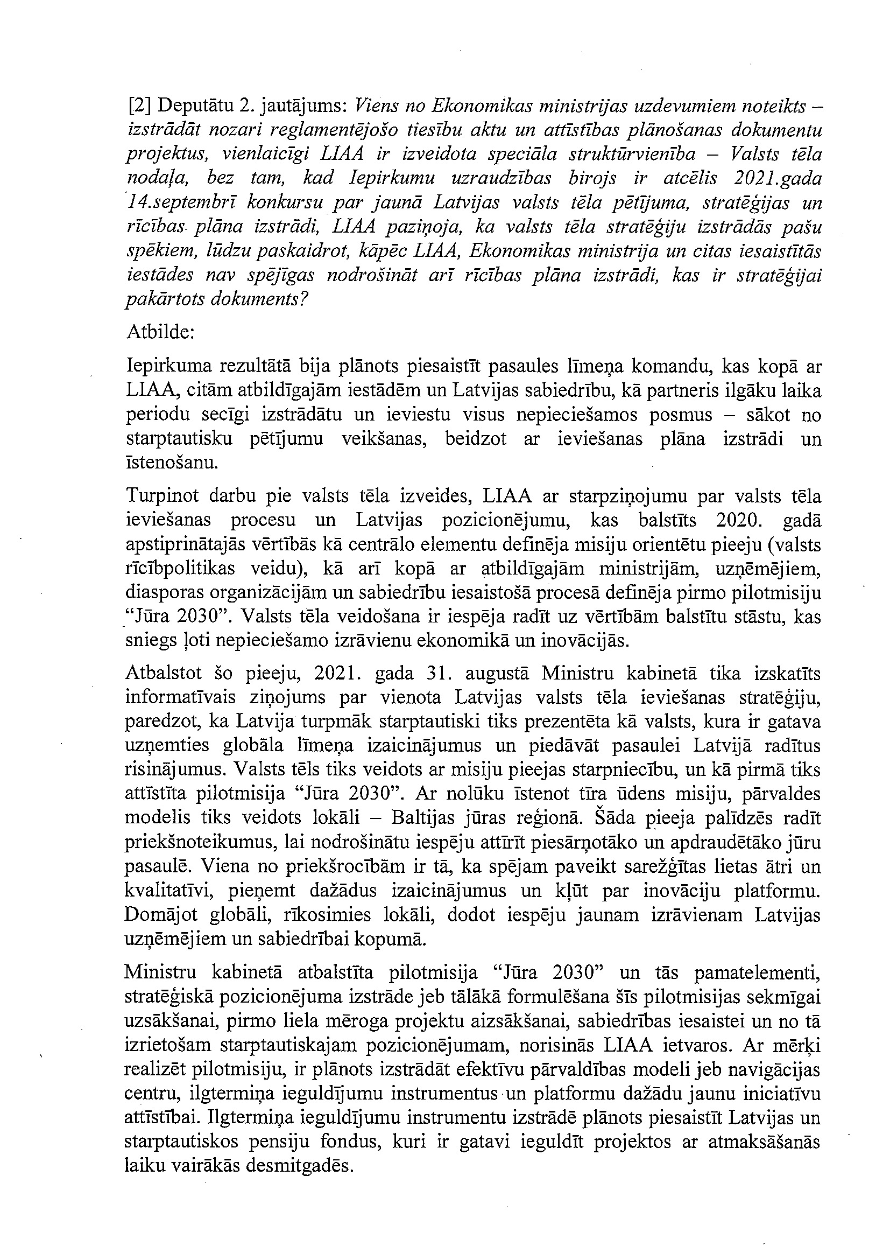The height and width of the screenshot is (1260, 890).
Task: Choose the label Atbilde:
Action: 160,333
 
